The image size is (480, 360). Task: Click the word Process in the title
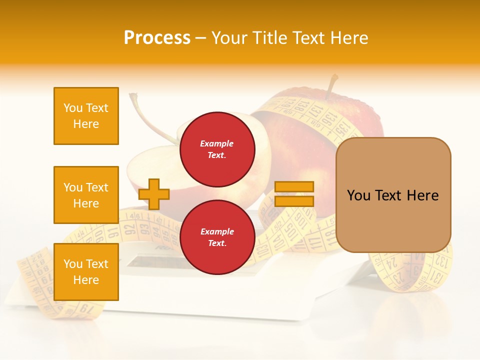(x=157, y=38)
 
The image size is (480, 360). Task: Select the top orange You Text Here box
(x=86, y=116)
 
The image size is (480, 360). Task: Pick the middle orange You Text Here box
(x=86, y=195)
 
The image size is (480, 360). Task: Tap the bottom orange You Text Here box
(x=86, y=271)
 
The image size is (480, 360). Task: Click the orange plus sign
(x=154, y=194)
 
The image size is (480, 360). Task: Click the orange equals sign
(x=294, y=194)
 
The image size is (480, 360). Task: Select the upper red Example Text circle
(x=217, y=149)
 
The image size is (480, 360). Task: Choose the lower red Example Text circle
(x=217, y=237)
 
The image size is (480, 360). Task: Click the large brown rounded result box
(x=393, y=195)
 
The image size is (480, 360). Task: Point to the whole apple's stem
(x=331, y=85)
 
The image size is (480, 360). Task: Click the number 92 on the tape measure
(x=130, y=230)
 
